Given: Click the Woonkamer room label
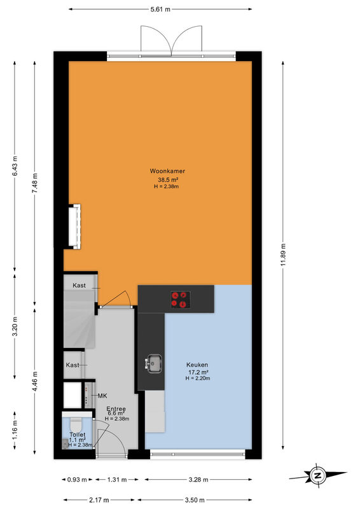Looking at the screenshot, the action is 167,171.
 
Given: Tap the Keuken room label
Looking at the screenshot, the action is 197,365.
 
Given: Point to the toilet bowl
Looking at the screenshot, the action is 77,424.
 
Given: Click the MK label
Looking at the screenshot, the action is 102,396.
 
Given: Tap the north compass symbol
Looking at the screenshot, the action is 317,475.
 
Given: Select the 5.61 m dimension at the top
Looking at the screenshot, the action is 160,10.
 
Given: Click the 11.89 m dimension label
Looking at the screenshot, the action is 284,255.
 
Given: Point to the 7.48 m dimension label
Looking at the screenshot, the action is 35,183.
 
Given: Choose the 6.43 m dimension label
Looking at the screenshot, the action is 15,166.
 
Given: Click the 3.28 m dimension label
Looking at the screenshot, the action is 198,480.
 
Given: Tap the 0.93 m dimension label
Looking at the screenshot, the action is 77,480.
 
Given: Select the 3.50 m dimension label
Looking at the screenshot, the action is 195,500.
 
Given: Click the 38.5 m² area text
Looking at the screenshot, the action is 167,179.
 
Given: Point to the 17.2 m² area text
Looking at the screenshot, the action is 198,372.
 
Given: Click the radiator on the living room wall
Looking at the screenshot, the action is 74,227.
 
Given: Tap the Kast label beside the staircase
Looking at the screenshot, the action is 80,285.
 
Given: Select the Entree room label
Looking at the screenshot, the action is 116,409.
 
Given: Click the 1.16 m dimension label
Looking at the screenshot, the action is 15,430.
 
